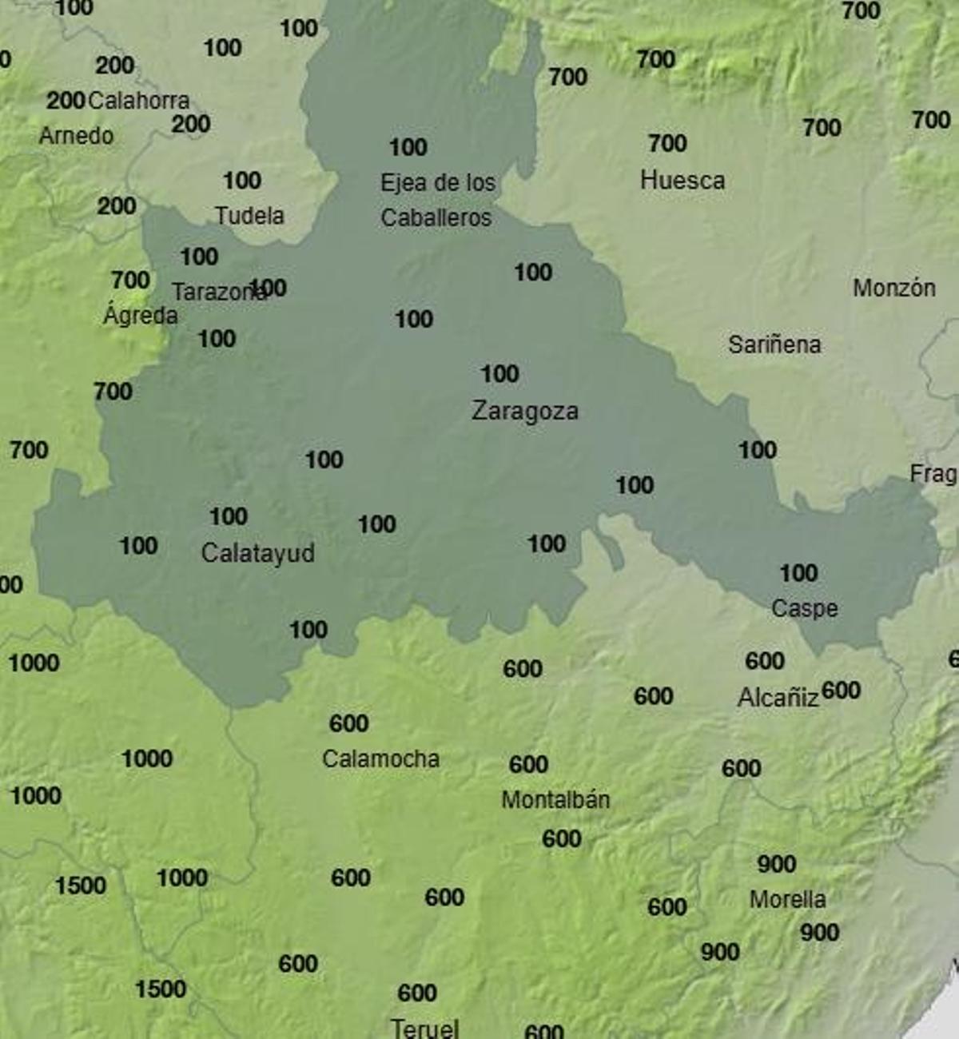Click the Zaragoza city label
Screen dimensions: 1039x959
[524, 411]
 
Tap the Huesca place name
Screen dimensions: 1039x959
[682, 181]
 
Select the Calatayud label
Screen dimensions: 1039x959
[257, 553]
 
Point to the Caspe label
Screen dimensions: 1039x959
[804, 608]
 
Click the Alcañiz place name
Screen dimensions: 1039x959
[778, 698]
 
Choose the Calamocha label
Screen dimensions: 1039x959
[380, 758]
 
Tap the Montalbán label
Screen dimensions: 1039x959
[555, 799]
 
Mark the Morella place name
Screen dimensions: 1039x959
[787, 899]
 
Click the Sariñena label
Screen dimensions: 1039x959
[774, 344]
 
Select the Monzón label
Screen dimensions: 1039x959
[893, 288]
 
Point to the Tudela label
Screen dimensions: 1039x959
[249, 216]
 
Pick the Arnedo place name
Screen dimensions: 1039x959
[76, 136]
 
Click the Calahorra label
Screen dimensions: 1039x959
[138, 101]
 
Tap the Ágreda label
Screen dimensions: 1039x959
[141, 316]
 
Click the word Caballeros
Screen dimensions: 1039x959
[436, 217]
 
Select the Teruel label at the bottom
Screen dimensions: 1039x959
[424, 1028]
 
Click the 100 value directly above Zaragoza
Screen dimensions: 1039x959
[499, 374]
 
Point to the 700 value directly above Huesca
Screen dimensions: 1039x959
[667, 144]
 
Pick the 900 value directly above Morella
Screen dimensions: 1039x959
[776, 864]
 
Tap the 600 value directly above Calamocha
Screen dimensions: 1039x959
[348, 723]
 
